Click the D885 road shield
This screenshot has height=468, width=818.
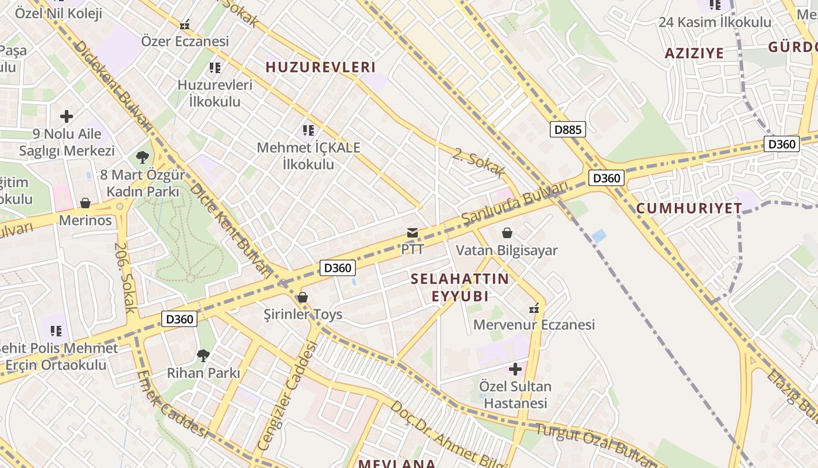(x=567, y=129)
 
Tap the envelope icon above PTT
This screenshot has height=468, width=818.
(x=413, y=233)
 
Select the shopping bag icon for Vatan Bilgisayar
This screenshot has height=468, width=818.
(x=507, y=233)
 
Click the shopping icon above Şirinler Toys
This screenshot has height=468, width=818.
(x=302, y=297)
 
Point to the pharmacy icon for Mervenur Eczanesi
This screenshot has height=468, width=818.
(x=533, y=308)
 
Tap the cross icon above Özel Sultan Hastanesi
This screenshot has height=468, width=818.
(x=515, y=369)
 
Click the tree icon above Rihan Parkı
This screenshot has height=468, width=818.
(x=203, y=355)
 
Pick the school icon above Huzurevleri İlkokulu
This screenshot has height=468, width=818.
(x=215, y=68)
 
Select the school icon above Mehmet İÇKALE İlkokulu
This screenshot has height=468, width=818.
(x=309, y=130)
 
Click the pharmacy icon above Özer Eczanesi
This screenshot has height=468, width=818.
(x=185, y=25)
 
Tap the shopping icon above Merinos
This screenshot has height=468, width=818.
(x=85, y=203)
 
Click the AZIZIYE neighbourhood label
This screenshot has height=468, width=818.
(x=694, y=53)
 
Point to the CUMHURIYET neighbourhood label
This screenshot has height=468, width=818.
(x=689, y=208)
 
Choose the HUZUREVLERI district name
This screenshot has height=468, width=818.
(x=321, y=67)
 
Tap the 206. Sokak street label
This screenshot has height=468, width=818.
(x=125, y=278)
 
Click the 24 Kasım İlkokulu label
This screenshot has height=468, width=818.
(x=715, y=22)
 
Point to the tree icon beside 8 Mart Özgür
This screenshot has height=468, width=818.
(x=142, y=157)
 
